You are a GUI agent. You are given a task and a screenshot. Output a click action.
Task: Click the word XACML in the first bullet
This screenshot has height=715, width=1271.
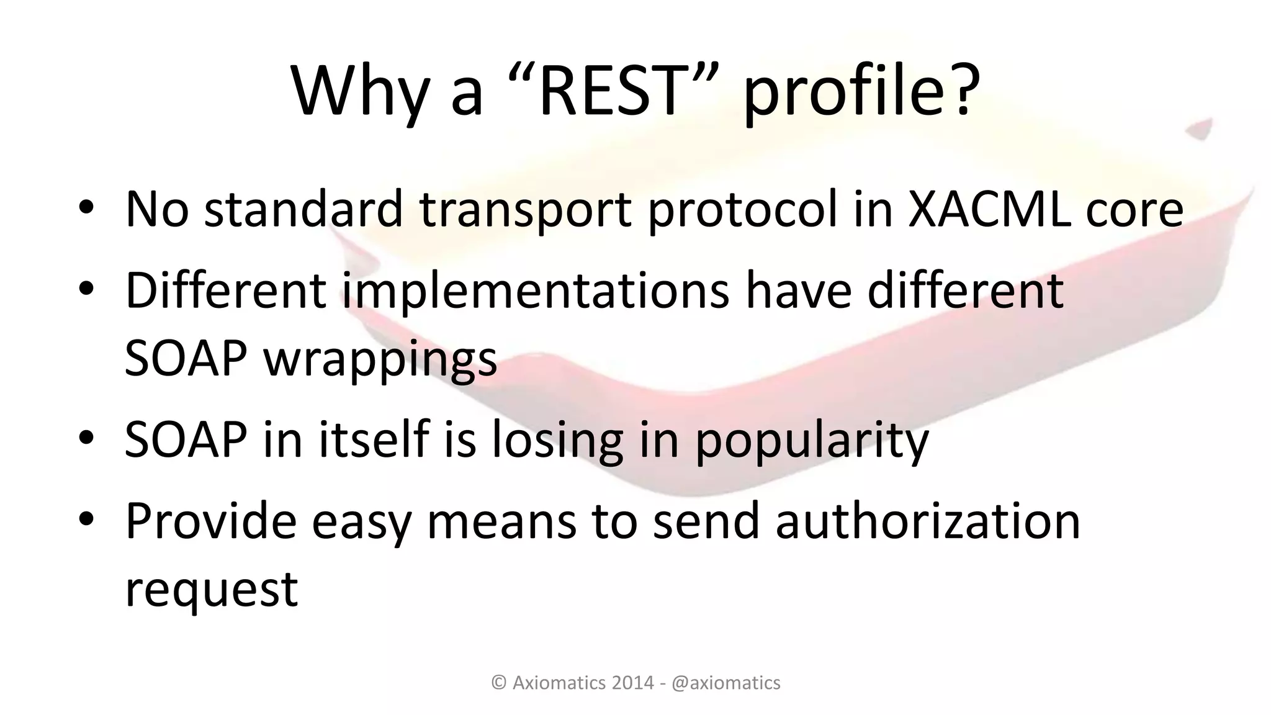coord(989,209)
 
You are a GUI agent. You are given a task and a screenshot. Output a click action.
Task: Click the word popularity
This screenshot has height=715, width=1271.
coord(812,439)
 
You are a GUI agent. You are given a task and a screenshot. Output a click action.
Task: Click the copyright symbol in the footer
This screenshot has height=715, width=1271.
coord(498,683)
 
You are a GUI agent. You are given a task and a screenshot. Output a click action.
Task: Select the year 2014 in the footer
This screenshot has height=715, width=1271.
coord(632,683)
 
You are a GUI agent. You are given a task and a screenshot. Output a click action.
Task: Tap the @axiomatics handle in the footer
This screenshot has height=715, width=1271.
coord(726,683)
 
